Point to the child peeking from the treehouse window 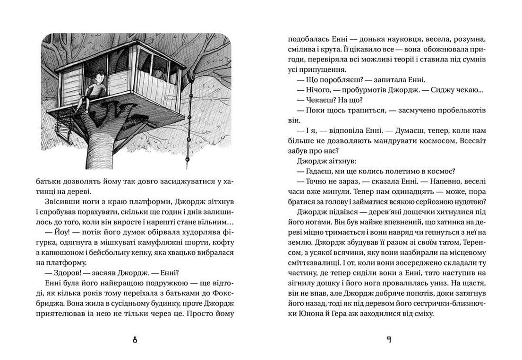click(x=157, y=72)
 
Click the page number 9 click(x=388, y=340)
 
